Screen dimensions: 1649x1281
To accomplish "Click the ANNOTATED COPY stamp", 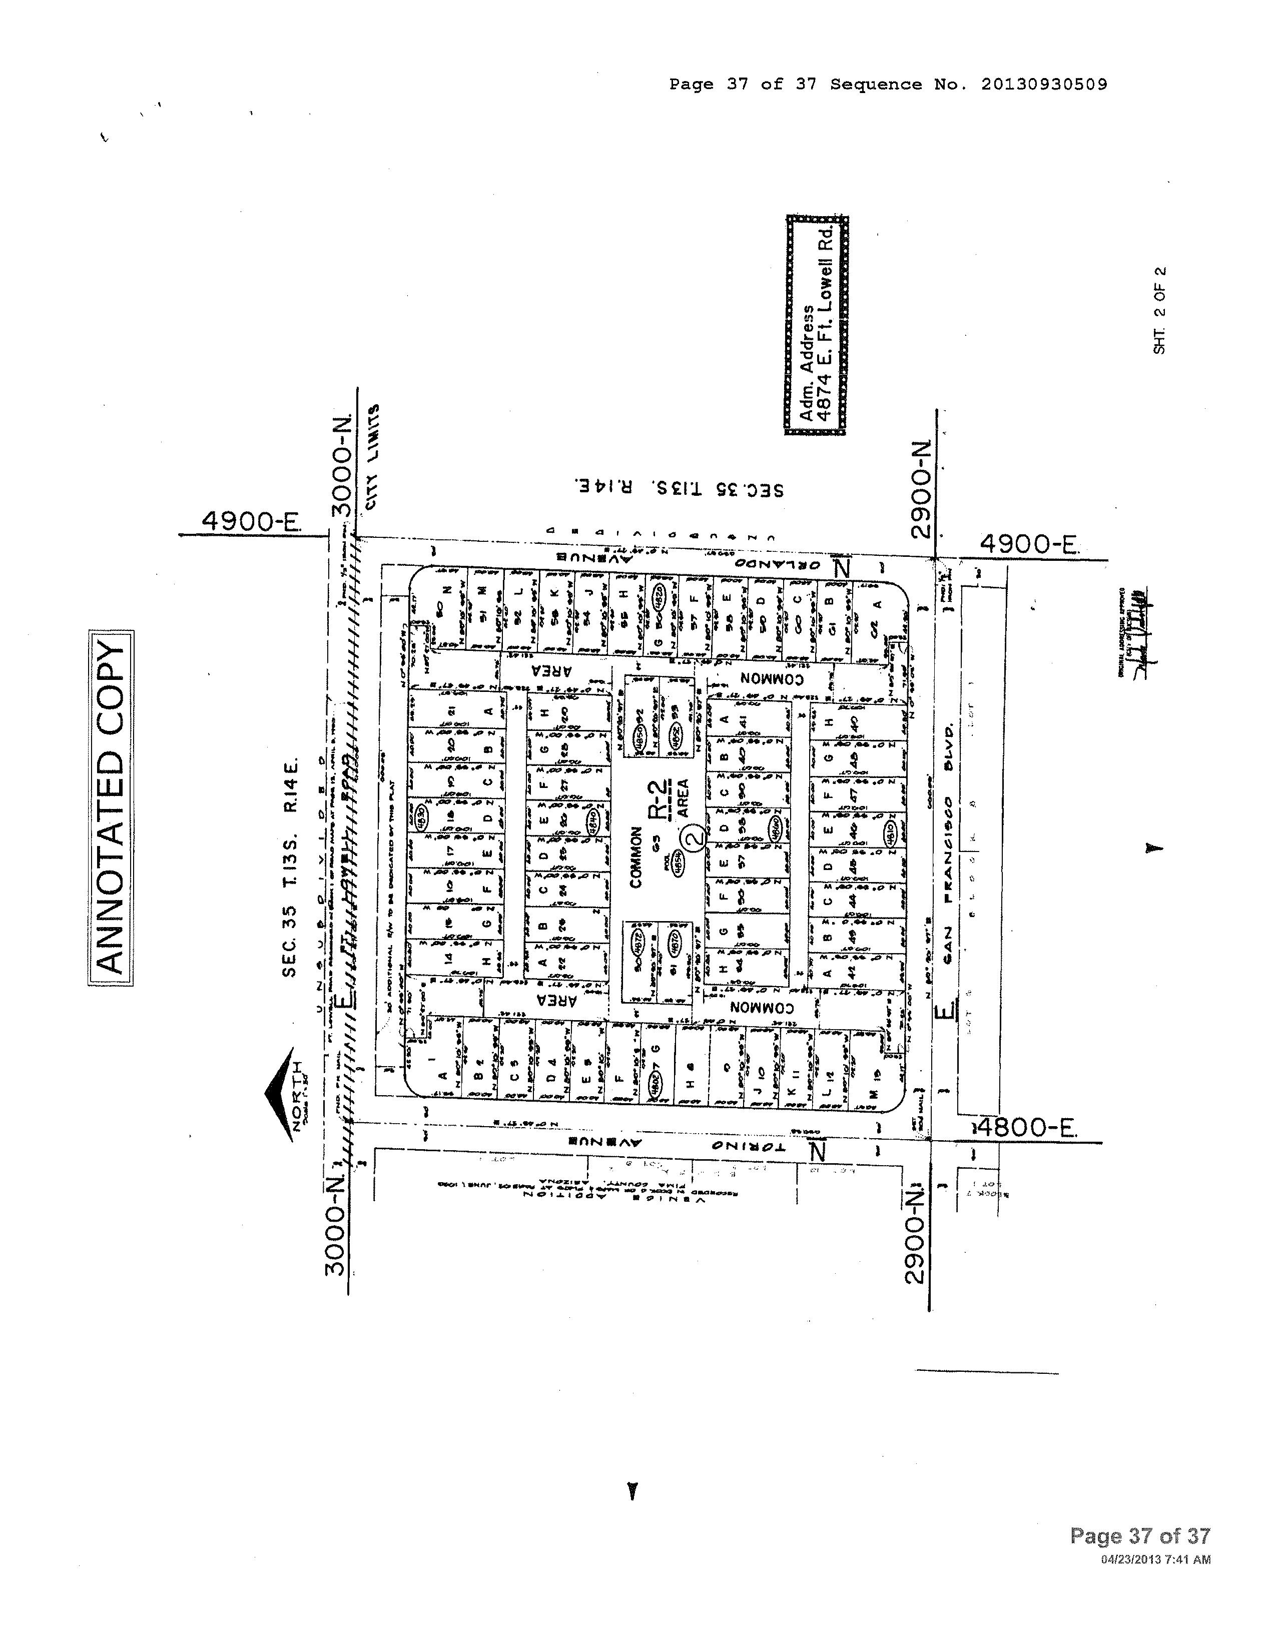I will click(x=110, y=807).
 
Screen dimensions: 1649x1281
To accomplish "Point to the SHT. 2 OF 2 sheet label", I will click(x=1159, y=310).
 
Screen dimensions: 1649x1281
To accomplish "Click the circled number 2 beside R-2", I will click(x=694, y=837).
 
